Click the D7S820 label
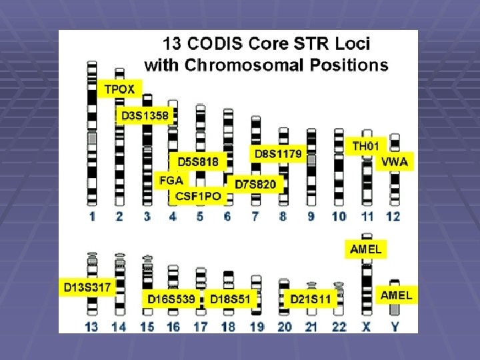(x=255, y=183)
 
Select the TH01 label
(x=366, y=145)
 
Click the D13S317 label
(x=87, y=287)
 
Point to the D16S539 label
(x=171, y=299)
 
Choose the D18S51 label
(x=231, y=299)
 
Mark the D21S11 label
(x=310, y=299)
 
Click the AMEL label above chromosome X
(x=366, y=249)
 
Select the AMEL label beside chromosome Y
(x=396, y=295)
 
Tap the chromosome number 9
(x=311, y=215)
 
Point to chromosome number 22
(x=338, y=326)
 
